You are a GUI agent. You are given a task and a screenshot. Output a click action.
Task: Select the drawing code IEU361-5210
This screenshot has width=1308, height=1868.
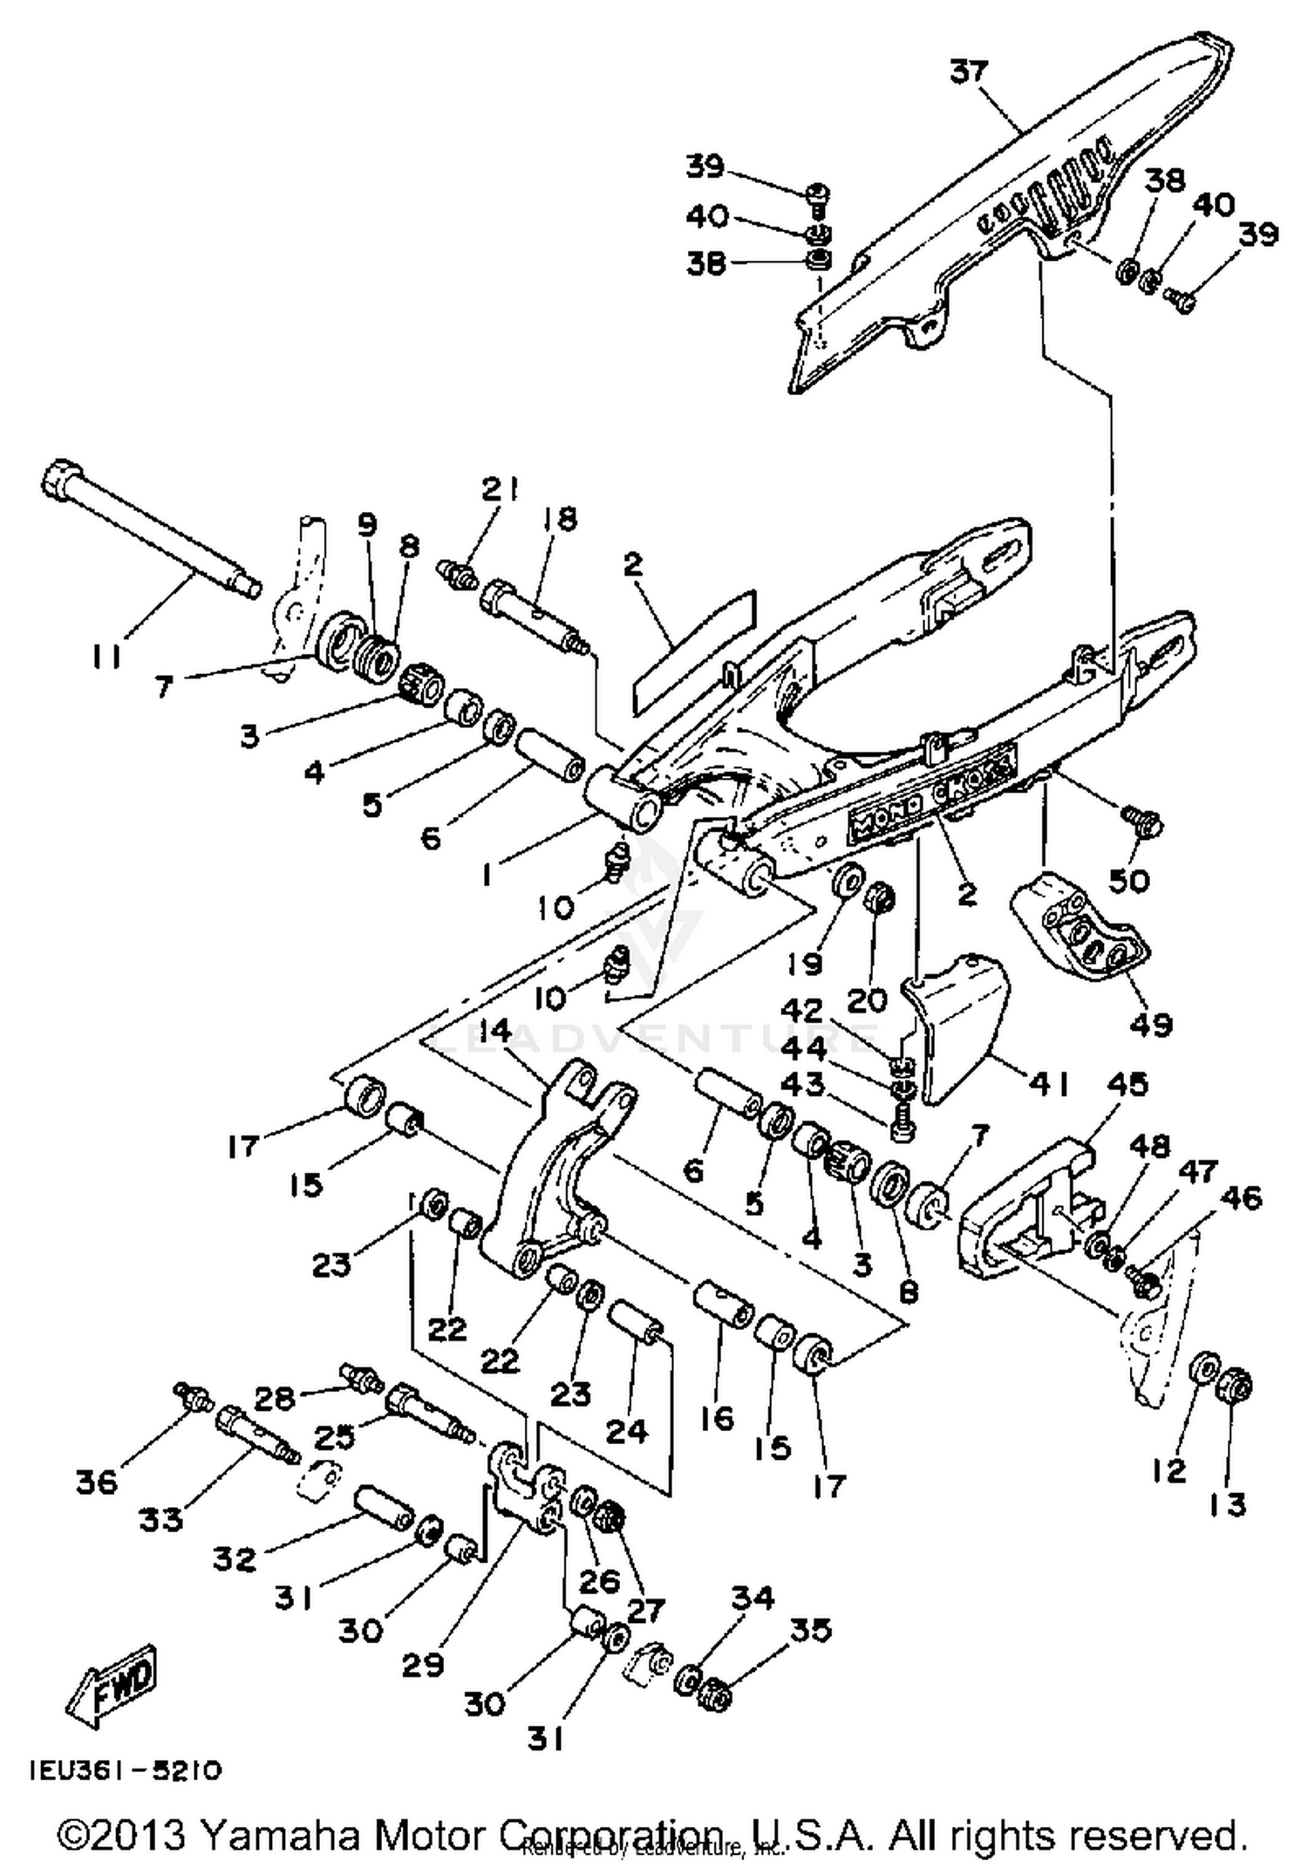126,1770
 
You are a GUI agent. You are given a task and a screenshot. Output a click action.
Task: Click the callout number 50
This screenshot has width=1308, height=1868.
1128,880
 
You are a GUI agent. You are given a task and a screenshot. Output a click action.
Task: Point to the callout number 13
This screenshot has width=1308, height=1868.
1228,1503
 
